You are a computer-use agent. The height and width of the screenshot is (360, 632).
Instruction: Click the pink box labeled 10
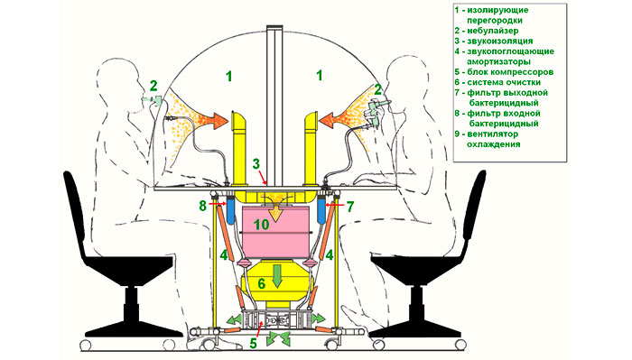tap(275, 232)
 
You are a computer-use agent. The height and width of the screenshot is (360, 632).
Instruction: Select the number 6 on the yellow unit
tap(262, 284)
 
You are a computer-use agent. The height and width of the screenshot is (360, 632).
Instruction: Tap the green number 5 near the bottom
tap(253, 344)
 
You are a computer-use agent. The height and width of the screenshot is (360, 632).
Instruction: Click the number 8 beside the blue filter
tap(203, 207)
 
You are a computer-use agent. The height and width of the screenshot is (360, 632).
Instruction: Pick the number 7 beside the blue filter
tap(350, 207)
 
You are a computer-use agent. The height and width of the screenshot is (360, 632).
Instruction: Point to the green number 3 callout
tap(256, 164)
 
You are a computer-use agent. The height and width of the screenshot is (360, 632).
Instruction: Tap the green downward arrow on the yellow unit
tap(276, 276)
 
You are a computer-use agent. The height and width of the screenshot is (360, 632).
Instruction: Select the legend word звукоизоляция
tap(500, 42)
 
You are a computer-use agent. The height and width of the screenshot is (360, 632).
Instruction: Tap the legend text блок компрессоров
tap(510, 72)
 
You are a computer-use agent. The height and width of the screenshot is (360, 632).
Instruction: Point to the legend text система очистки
tap(504, 82)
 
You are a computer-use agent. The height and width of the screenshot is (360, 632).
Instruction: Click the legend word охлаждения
tap(493, 144)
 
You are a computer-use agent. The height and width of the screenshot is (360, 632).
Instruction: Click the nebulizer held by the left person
tap(154, 100)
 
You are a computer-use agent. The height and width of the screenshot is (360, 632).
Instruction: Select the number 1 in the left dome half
tap(229, 76)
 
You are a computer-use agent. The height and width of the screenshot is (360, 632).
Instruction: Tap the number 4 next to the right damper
tap(330, 255)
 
